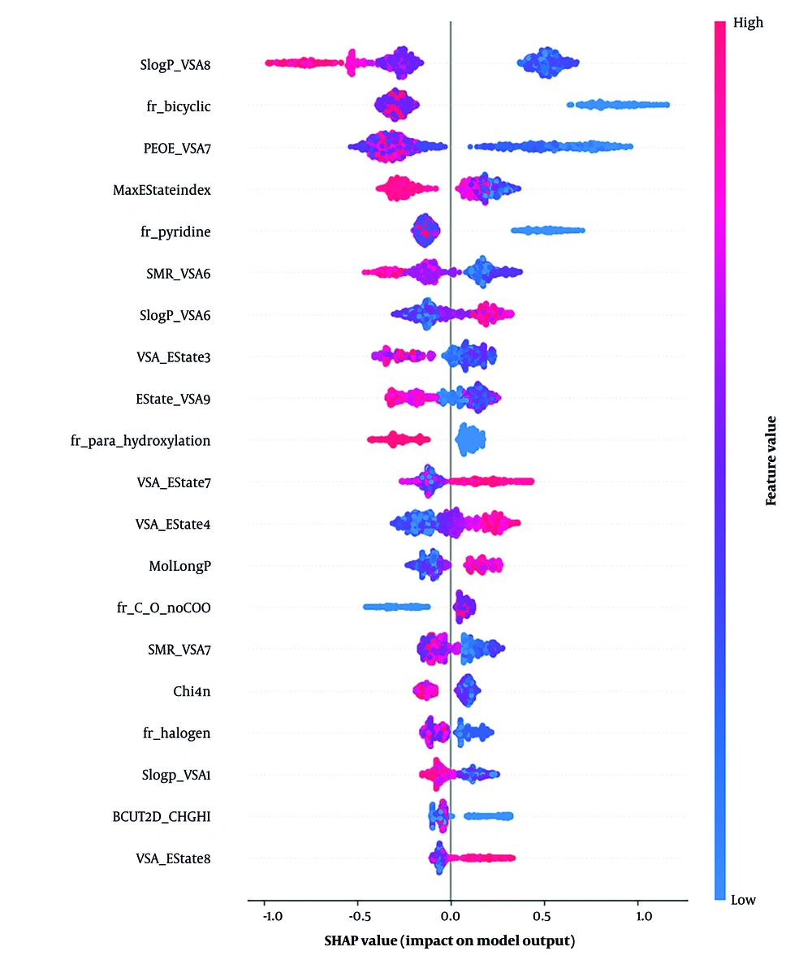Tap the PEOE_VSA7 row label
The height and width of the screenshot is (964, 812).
177,148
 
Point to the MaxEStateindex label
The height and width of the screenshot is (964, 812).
162,190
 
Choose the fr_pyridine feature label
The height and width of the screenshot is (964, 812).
175,232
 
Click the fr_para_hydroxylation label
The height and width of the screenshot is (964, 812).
141,441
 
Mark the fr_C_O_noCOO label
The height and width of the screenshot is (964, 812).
164,607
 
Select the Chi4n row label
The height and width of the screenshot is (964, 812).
192,691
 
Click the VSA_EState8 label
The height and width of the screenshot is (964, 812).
174,858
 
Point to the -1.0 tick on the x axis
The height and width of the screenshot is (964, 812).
272,916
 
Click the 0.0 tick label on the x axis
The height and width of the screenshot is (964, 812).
451,916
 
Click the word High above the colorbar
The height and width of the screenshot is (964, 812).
747,23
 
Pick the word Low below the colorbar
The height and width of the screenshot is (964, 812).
744,899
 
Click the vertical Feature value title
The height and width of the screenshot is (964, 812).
772,460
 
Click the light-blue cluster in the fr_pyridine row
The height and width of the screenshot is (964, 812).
547,231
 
